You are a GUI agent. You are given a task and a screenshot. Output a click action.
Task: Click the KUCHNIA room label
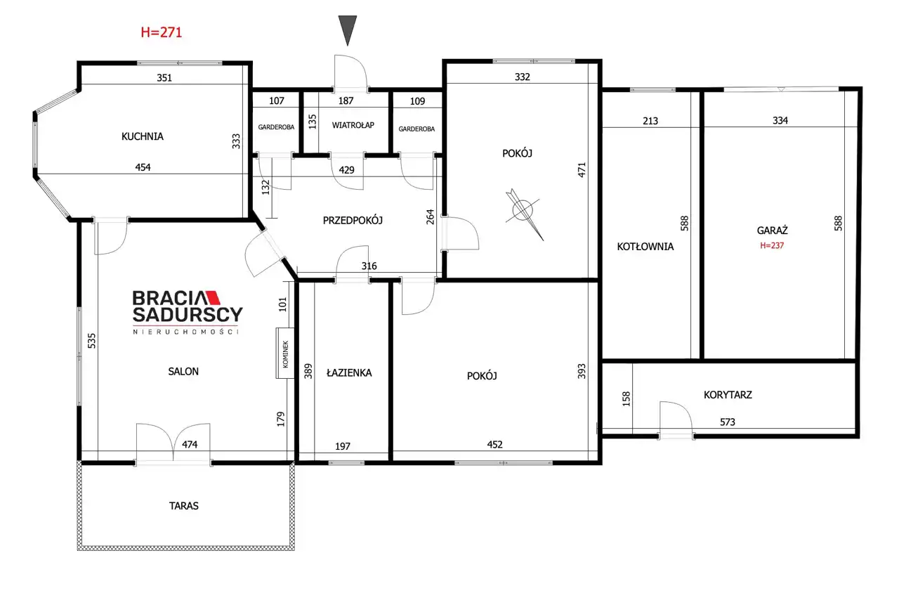(143, 136)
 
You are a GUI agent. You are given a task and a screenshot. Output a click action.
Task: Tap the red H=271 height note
(162, 32)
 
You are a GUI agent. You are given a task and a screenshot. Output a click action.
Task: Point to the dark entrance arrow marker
(348, 30)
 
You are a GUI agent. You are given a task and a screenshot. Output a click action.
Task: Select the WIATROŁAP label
(353, 125)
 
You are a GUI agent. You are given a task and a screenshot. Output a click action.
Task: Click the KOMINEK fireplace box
(285, 353)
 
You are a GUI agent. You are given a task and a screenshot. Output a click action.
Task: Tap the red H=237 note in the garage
(772, 245)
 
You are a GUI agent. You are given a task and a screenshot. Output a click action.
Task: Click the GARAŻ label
(772, 231)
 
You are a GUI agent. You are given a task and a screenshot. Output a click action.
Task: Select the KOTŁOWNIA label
(645, 247)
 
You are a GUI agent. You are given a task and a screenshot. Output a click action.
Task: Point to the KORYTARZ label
(728, 395)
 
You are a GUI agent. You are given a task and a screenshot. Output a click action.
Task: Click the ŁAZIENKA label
(349, 372)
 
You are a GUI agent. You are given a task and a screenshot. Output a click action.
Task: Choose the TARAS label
(184, 505)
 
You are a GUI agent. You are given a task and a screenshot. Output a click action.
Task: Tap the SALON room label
(183, 372)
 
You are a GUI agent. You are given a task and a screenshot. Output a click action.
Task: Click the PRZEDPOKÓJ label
(353, 220)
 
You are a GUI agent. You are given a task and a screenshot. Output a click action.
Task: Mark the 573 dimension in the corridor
(728, 422)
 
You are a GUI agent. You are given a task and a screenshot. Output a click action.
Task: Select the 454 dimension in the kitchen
(143, 167)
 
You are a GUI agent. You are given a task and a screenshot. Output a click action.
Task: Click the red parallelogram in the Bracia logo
(213, 297)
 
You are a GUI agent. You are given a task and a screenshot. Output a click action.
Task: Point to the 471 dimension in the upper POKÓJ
(582, 170)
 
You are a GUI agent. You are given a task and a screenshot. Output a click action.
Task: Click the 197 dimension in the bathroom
(343, 446)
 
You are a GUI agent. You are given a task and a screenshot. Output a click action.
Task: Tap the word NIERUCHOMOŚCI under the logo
(186, 332)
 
